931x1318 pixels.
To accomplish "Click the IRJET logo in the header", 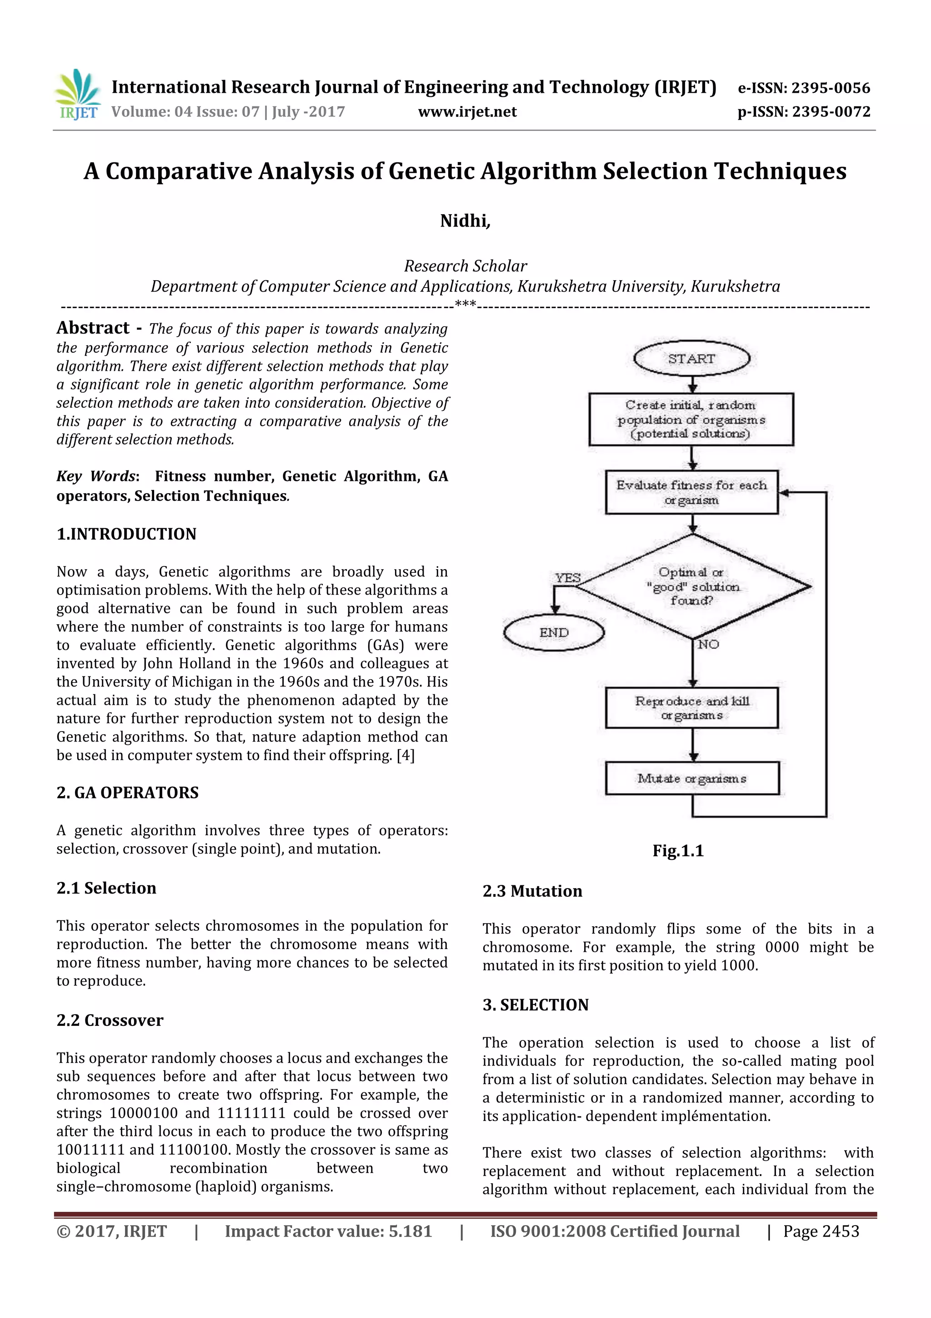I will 77,95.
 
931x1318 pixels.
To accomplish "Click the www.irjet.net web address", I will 467,111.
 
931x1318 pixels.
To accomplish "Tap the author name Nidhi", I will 465,221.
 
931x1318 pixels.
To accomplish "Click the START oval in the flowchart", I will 691,359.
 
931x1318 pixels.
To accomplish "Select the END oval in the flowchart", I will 554,632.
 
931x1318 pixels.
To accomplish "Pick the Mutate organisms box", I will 692,778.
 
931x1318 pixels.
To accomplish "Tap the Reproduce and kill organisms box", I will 692,708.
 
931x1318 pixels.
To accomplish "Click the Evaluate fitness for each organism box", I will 691,493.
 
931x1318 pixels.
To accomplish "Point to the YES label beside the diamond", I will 567,577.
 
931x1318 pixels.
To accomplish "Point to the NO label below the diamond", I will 708,645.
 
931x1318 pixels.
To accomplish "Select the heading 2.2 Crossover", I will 110,1020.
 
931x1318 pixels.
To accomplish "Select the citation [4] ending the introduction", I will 405,755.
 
